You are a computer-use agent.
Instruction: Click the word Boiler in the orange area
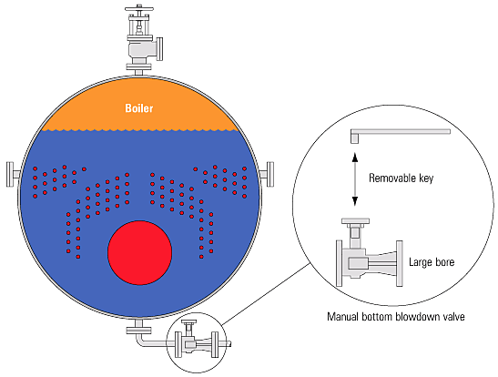(139, 108)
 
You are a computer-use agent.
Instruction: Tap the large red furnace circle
(139, 252)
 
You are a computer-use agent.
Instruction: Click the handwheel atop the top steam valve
(139, 8)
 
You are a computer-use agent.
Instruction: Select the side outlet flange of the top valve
(160, 48)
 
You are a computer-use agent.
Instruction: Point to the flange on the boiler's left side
(10, 174)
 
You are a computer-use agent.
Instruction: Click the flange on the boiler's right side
(270, 174)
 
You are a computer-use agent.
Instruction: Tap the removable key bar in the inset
(401, 133)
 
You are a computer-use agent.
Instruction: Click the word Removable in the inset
(392, 178)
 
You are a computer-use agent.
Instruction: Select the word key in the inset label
(426, 178)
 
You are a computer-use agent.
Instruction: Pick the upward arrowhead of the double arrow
(355, 157)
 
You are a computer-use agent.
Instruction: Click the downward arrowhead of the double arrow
(355, 201)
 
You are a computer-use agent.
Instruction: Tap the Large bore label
(432, 262)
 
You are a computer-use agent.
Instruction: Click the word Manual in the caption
(342, 317)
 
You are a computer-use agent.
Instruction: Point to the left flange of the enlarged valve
(340, 263)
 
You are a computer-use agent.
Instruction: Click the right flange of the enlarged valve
(400, 263)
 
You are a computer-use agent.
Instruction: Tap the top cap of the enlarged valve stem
(355, 220)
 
